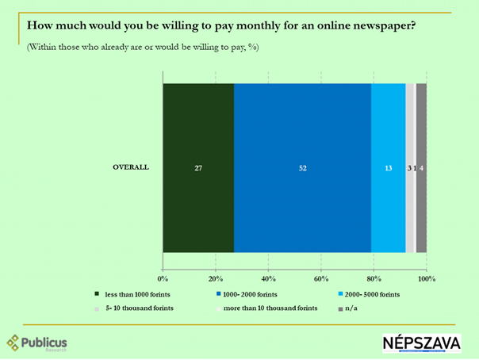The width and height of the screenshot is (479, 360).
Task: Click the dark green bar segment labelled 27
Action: [198, 167]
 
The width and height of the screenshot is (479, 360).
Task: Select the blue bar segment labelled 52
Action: [303, 167]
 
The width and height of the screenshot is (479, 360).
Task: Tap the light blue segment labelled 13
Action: [389, 167]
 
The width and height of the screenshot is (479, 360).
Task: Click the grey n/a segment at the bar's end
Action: [422, 167]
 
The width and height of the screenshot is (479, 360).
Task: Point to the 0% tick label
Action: [163, 279]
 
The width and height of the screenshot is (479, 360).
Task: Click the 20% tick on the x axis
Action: [216, 279]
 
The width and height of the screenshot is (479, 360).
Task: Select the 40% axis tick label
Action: [269, 279]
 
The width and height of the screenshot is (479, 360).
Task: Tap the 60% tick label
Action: [321, 279]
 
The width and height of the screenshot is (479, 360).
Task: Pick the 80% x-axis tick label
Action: [374, 279]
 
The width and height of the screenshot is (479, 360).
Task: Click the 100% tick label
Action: [426, 279]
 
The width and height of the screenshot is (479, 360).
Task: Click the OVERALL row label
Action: [132, 167]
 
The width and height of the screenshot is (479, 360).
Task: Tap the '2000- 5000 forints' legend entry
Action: [370, 295]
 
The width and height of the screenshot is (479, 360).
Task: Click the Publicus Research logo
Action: [38, 343]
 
